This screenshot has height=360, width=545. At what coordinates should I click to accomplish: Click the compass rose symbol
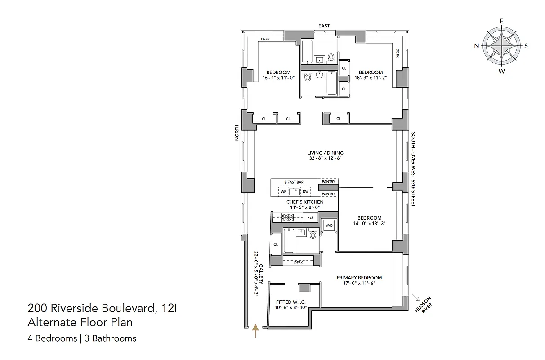501,46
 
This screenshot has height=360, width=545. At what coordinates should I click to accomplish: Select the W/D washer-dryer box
329,225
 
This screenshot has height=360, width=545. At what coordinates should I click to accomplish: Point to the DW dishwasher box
306,192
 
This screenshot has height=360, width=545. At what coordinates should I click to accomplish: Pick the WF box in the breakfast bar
283,192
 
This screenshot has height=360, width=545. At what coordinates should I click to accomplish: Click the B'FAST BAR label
294,182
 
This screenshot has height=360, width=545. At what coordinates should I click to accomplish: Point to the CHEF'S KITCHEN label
305,202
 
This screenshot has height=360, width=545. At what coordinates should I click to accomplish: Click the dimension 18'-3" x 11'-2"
371,78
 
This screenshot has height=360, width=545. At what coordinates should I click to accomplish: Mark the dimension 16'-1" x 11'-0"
278,78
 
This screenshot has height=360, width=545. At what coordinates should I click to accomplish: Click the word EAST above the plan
324,26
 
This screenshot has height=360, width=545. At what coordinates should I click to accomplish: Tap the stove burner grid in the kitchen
287,217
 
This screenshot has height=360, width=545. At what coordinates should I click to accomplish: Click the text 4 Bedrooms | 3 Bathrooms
82,338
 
